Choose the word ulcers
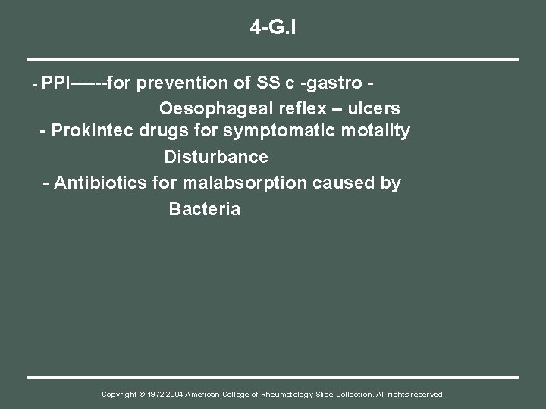pyautogui.click(x=372, y=107)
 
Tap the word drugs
pyautogui.click(x=171, y=131)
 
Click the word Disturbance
pyautogui.click(x=216, y=158)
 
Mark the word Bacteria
pyautogui.click(x=205, y=209)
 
